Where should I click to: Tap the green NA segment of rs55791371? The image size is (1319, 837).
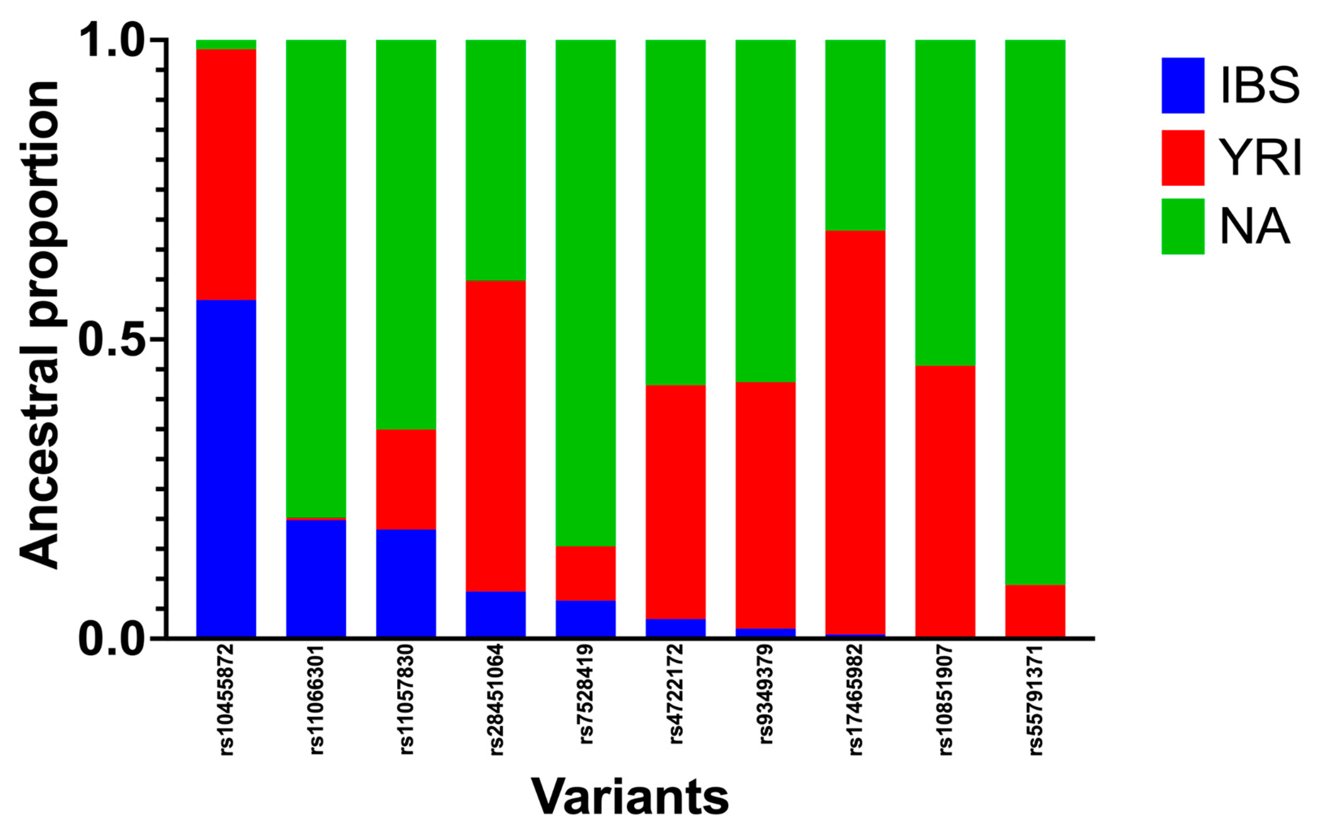[1035, 313]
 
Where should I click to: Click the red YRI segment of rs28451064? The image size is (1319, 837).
[496, 436]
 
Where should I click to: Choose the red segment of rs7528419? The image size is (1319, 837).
[585, 573]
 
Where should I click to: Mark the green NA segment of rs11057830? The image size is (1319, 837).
[406, 235]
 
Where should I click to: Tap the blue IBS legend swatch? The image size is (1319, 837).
[1183, 86]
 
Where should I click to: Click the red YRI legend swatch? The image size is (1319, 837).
[1183, 158]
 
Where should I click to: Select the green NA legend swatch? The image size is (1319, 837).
[1183, 227]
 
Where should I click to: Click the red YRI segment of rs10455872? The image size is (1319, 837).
[226, 174]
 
